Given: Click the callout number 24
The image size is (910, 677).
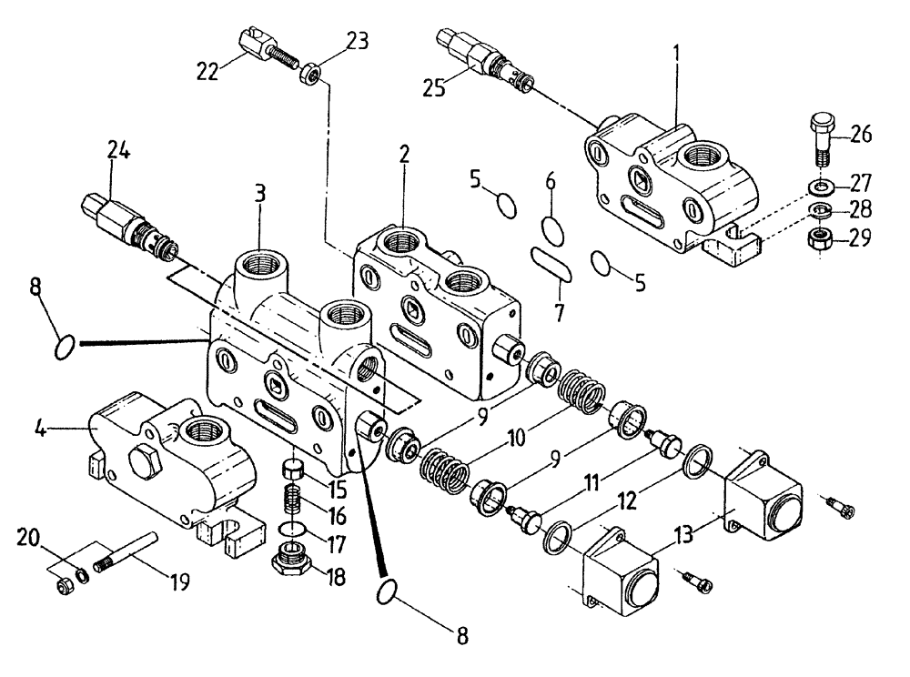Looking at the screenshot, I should pos(117,151).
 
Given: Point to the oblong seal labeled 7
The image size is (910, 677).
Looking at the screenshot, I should pos(551,264).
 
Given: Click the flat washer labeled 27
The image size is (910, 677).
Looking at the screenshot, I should pos(821,188).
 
